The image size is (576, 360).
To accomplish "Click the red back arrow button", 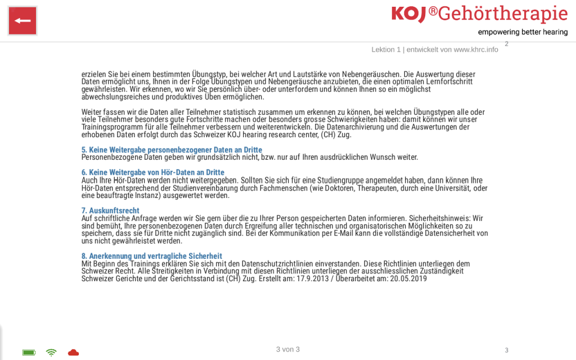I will (x=22, y=21).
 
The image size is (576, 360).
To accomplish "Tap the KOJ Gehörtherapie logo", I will (x=479, y=13).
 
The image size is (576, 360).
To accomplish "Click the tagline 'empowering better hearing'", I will (x=523, y=32).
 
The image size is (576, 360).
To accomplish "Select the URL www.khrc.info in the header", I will (x=476, y=49).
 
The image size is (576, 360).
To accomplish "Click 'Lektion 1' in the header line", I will (x=386, y=49).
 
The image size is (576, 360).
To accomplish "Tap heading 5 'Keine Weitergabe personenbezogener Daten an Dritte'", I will (x=172, y=150).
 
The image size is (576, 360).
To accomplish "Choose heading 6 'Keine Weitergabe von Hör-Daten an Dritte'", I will (x=153, y=172).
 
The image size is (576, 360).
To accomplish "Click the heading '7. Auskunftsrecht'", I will (x=110, y=210).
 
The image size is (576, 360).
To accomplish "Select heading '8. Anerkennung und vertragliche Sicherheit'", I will (x=152, y=256).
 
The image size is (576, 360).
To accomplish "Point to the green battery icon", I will (x=29, y=353).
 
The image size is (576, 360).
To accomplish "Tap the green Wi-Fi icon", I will (x=51, y=353).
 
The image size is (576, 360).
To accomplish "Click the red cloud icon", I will (x=73, y=353).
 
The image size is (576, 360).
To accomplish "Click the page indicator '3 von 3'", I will (x=287, y=349).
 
